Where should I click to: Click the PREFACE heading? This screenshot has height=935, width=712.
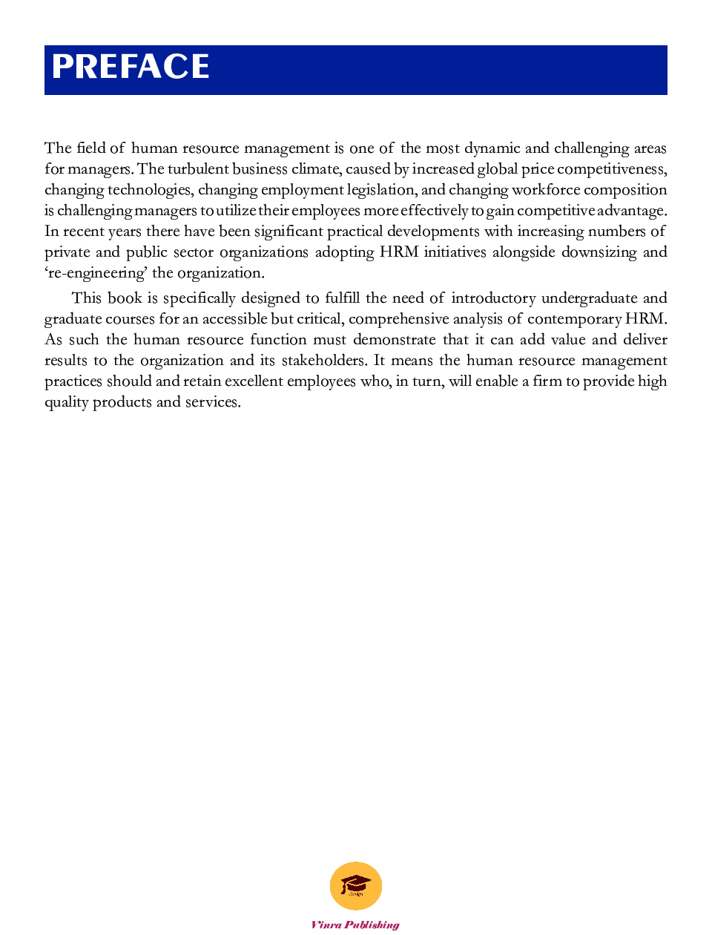point(131,68)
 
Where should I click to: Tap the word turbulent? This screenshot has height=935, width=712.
point(198,169)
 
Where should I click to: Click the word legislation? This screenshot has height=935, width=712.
point(381,190)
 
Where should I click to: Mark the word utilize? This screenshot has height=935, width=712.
point(236,211)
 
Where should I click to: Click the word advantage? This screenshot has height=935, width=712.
point(631,211)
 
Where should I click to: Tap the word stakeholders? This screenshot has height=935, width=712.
point(323,361)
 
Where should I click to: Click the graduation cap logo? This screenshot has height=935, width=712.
point(356,885)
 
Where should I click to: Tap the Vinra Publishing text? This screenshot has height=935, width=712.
point(355,925)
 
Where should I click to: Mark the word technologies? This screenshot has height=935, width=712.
point(150,190)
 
